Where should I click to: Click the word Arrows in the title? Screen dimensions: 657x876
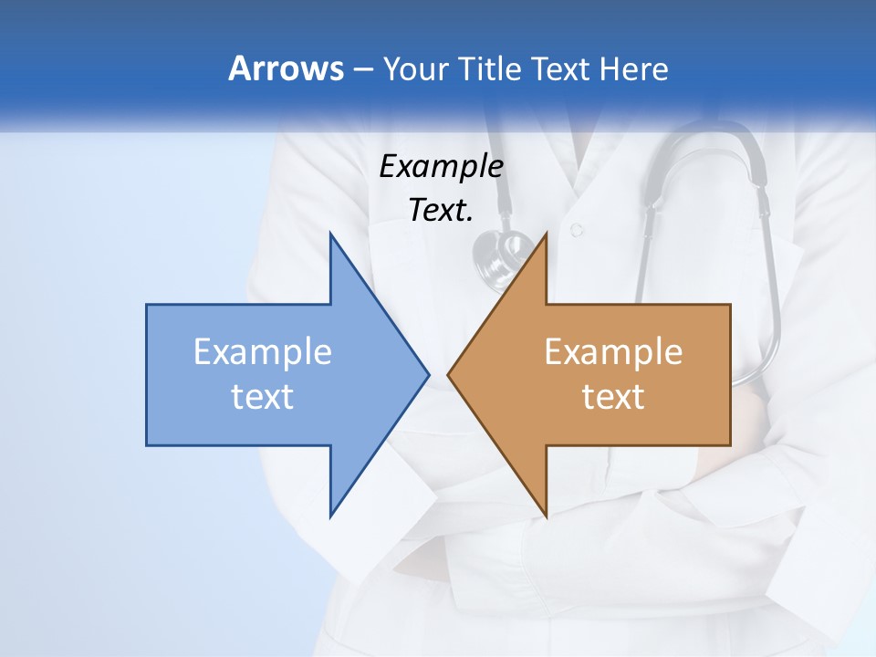pyautogui.click(x=286, y=68)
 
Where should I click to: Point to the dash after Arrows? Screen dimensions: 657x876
pyautogui.click(x=362, y=69)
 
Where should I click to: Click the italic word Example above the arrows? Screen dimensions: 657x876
pyautogui.click(x=441, y=167)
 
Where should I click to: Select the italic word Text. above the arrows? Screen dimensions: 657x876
pyautogui.click(x=441, y=210)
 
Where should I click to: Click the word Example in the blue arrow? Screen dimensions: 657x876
pyautogui.click(x=263, y=351)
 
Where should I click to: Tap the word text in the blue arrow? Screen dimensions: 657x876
pyautogui.click(x=263, y=397)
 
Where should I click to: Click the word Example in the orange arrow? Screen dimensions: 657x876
pyautogui.click(x=613, y=351)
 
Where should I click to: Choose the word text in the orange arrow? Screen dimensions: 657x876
pyautogui.click(x=613, y=397)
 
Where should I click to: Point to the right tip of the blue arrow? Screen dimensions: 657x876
pyautogui.click(x=428, y=374)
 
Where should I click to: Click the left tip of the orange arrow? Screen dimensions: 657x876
pyautogui.click(x=448, y=374)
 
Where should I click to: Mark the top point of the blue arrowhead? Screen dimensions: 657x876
pyautogui.click(x=331, y=234)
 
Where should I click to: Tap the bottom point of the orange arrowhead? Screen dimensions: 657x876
pyautogui.click(x=546, y=516)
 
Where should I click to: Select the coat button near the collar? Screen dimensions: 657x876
pyautogui.click(x=576, y=230)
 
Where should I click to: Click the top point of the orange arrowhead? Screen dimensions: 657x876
pyautogui.click(x=546, y=234)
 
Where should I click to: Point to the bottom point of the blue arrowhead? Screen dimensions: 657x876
pyautogui.click(x=331, y=516)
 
